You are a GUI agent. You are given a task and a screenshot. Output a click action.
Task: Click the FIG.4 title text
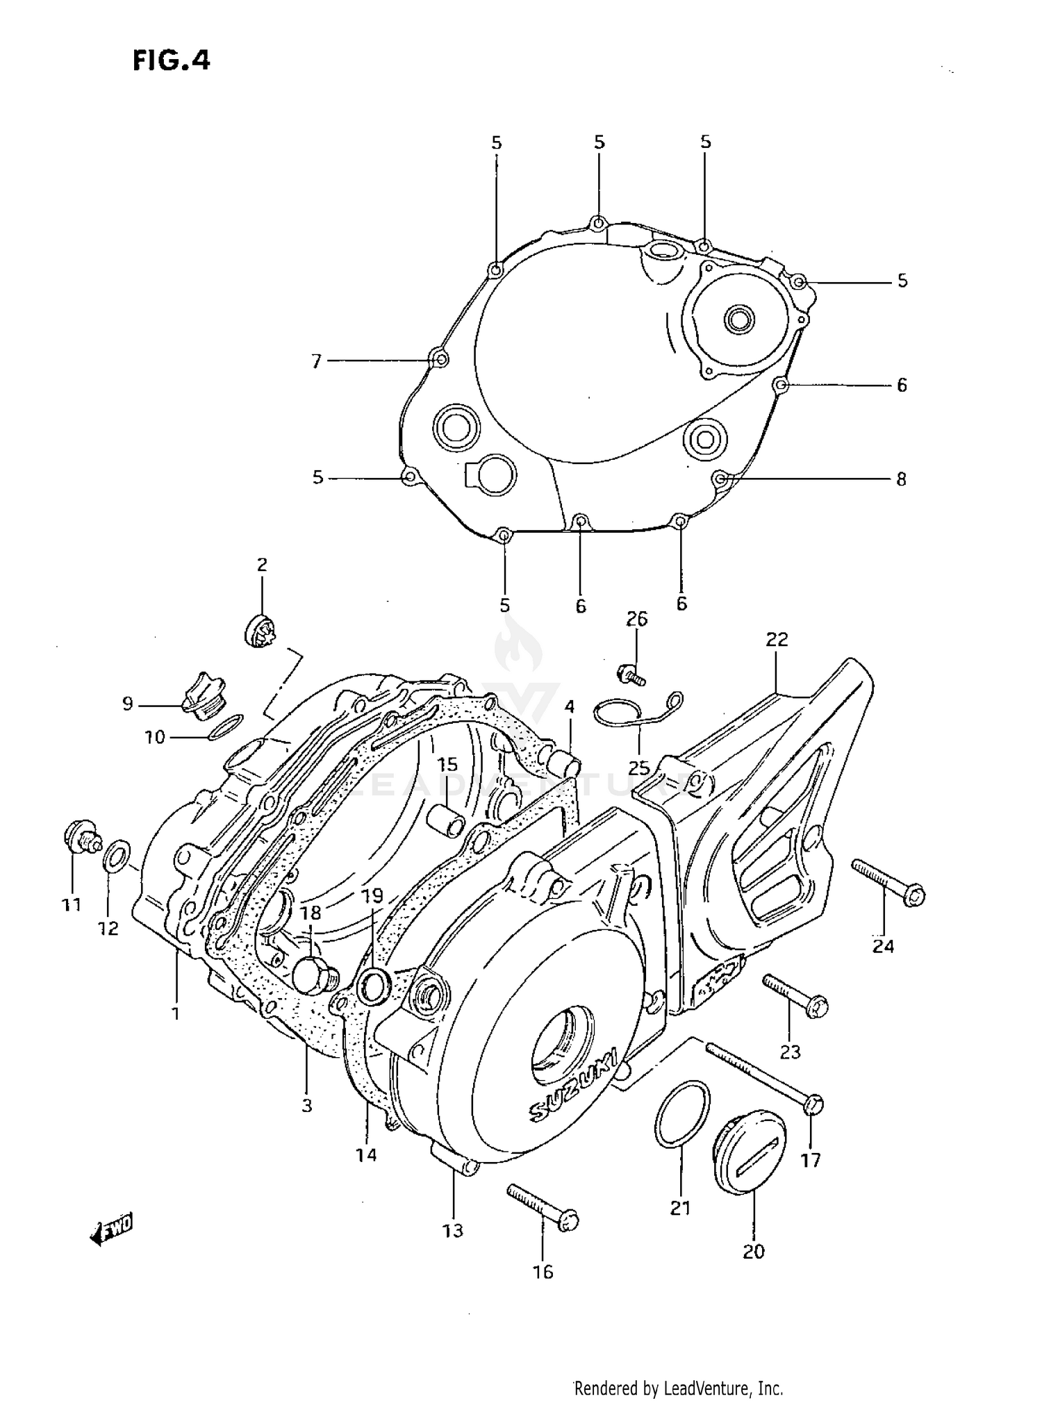point(171,61)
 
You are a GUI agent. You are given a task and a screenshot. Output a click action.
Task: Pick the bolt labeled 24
point(888,881)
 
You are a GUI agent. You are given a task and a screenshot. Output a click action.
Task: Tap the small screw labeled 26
point(630,672)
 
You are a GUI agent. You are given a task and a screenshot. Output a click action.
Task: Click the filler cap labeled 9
point(201,697)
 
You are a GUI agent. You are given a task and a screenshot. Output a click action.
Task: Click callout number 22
point(777,639)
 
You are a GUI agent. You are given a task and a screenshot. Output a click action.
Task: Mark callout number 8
point(901,479)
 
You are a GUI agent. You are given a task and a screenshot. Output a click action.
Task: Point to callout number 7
point(317,361)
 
